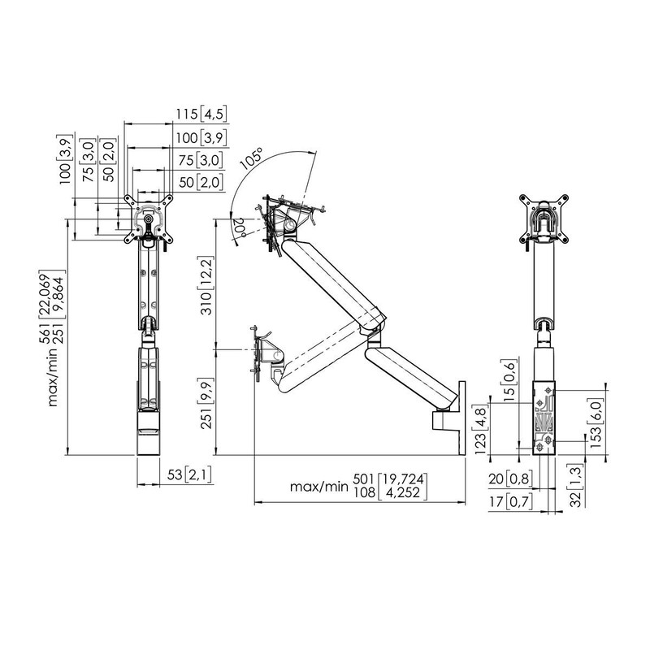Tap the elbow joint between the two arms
click(375, 330)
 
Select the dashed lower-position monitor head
click(265, 351)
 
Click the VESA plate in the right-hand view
click(545, 218)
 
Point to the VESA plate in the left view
click(147, 217)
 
